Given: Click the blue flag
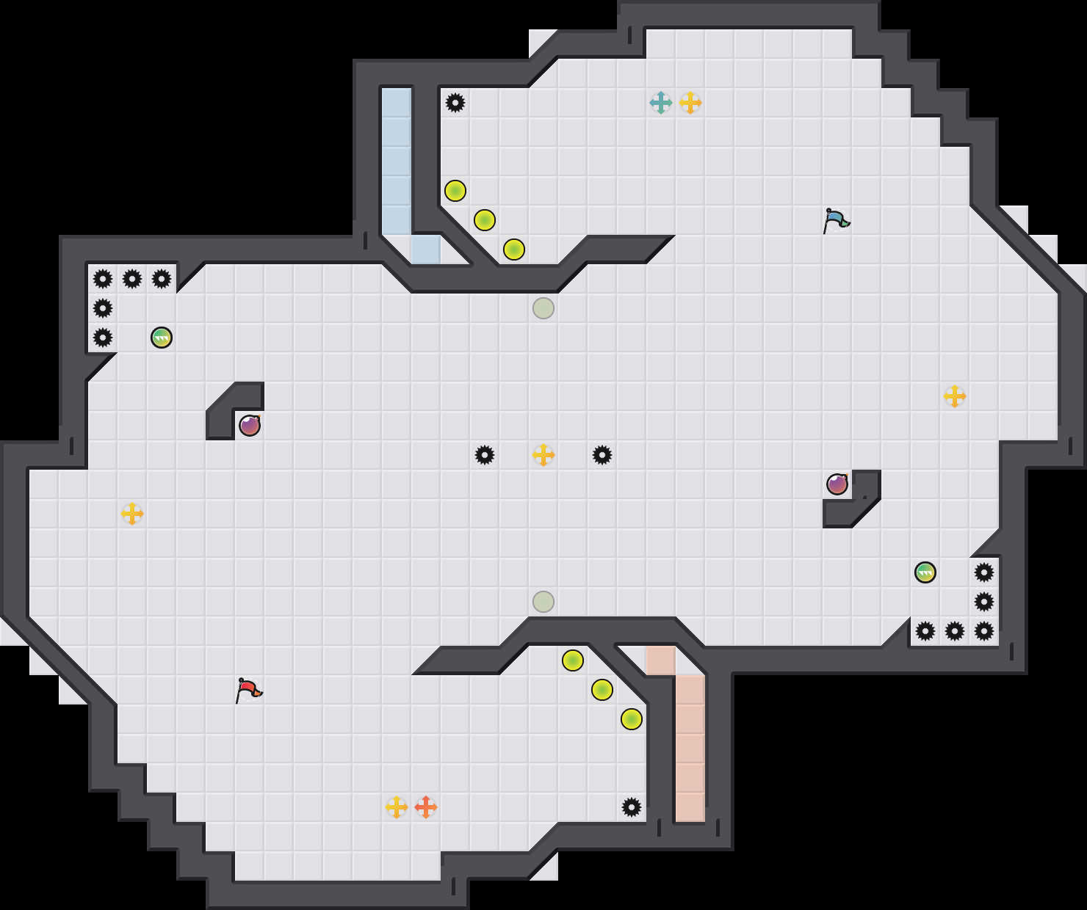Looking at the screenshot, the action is click(836, 219).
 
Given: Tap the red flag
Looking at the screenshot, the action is click(248, 689).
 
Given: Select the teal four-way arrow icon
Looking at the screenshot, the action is click(661, 103).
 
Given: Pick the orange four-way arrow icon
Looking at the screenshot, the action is click(426, 807).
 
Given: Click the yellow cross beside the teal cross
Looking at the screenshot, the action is click(690, 103).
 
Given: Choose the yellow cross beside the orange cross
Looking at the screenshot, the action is click(397, 807).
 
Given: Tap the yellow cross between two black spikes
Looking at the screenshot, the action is click(543, 455).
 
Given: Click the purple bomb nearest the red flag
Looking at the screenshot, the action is click(250, 426).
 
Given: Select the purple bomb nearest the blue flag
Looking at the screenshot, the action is click(837, 484).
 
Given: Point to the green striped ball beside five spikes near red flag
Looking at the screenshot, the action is click(162, 338).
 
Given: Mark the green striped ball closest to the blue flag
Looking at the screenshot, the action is click(925, 572).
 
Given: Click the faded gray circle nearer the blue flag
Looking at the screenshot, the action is click(543, 308).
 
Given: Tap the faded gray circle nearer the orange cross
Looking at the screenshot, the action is click(543, 602).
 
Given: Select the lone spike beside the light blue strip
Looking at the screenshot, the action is click(455, 103).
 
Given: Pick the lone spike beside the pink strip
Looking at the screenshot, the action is click(632, 807).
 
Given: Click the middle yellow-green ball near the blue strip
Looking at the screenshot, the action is click(485, 220).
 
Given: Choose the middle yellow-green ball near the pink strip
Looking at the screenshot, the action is click(602, 690).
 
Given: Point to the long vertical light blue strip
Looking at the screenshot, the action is click(397, 161).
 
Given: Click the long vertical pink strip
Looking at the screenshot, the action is click(690, 749).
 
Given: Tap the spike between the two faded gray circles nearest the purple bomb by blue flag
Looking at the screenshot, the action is click(602, 455).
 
